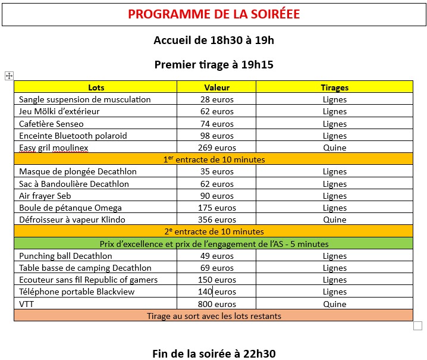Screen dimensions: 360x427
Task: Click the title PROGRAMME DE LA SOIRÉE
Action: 213,14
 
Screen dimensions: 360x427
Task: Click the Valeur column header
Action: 216,87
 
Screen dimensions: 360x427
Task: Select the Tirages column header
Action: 334,87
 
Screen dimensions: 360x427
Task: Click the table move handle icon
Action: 9,76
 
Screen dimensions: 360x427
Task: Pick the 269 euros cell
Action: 216,148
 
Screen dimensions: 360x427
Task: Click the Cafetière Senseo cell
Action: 52,124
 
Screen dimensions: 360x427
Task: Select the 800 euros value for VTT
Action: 216,304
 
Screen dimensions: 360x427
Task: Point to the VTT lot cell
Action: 27,304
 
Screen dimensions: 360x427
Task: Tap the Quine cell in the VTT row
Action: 334,304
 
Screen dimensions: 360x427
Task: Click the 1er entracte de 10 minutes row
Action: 213,159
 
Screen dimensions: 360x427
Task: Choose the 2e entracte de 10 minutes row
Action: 213,231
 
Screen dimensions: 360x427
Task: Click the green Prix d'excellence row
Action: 213,244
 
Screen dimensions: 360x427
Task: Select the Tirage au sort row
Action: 213,316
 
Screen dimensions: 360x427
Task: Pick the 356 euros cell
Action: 216,220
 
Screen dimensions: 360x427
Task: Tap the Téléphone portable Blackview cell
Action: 77,292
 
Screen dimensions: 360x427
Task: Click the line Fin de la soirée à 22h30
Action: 213,353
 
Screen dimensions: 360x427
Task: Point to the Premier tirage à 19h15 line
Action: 213,65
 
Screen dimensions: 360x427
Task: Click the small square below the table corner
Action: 417,325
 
